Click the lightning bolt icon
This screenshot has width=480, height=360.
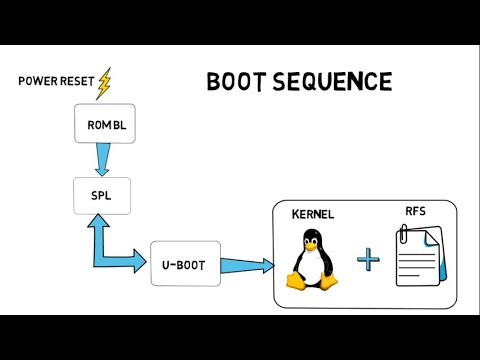pos(104,85)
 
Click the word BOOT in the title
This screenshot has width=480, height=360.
pos(240,81)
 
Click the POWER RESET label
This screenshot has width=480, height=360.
pos(54,80)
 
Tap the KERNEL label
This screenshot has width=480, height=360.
pos(313,215)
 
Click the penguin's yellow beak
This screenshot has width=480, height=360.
pos(312,244)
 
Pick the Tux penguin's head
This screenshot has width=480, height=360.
pos(312,239)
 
